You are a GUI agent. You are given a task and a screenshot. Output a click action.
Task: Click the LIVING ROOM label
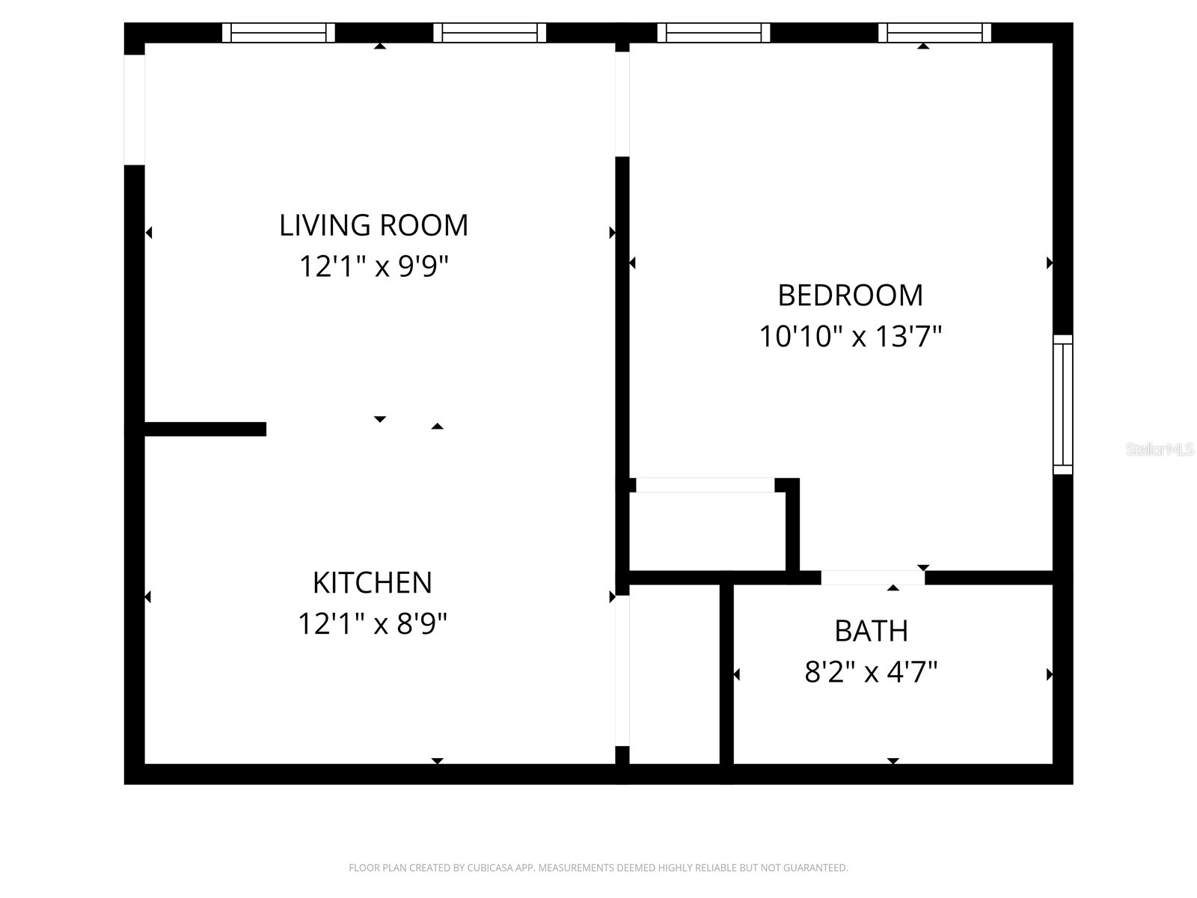[x=373, y=225]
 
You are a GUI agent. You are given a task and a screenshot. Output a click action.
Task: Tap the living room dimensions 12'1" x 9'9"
[x=373, y=266]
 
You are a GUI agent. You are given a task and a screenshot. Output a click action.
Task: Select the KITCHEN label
[x=373, y=582]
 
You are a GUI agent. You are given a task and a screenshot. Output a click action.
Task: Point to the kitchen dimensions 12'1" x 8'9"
[x=373, y=623]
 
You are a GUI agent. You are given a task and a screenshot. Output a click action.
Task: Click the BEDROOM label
[x=850, y=296]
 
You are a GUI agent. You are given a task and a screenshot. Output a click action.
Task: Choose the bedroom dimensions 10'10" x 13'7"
[x=850, y=337]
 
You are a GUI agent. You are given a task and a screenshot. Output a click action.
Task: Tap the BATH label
[x=871, y=631]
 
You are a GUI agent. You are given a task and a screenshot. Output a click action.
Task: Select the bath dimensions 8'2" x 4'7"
[x=871, y=672]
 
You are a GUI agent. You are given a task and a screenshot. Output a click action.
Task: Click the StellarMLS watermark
[x=1160, y=449]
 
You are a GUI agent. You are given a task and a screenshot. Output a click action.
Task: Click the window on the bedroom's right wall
[x=1062, y=404]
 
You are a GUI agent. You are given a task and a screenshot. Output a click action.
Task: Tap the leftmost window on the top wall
[x=278, y=33]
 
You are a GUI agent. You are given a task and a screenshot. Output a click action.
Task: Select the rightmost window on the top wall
[x=934, y=33]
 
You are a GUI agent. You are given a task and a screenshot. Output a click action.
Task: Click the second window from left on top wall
[x=490, y=33]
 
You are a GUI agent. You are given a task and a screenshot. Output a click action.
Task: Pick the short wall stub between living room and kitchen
[x=205, y=429]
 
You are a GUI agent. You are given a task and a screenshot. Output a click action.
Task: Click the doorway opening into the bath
[x=872, y=578]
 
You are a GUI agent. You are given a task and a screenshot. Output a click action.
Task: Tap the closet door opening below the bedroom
[x=705, y=485]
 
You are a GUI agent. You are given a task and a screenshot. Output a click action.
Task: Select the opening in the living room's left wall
[x=134, y=109]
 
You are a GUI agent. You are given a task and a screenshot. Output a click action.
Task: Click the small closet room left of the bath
[x=675, y=674]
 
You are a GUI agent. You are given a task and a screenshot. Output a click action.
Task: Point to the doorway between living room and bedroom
[x=622, y=104]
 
